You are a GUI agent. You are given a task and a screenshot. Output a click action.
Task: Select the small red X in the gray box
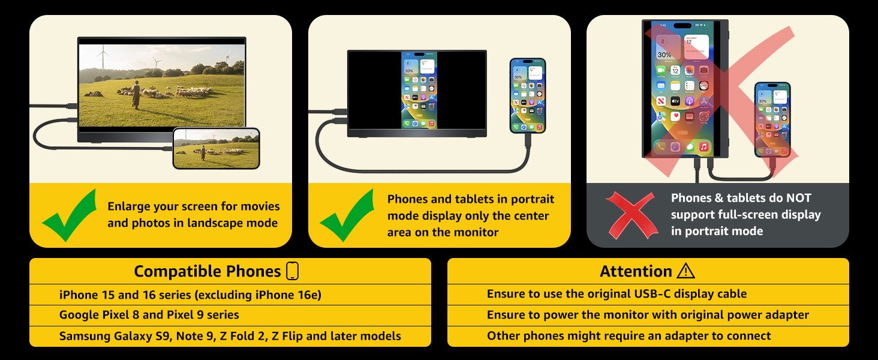[632, 215]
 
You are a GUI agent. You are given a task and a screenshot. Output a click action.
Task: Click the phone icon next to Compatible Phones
[293, 271]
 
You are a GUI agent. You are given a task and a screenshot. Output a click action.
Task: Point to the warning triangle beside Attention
[685, 271]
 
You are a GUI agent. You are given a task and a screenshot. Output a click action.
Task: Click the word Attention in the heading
[636, 271]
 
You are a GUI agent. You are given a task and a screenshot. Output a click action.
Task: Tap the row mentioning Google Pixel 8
[149, 315]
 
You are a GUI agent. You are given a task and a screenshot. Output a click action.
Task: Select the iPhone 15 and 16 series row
[190, 295]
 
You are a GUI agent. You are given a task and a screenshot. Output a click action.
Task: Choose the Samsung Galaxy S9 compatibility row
[230, 336]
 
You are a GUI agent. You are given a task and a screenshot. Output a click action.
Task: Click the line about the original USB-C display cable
[617, 294]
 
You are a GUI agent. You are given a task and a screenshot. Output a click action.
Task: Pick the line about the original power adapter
[648, 315]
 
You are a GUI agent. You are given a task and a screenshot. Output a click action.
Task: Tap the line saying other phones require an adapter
[629, 335]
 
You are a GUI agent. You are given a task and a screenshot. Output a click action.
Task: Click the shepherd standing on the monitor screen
[136, 95]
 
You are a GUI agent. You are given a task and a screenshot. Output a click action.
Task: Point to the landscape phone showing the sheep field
[216, 148]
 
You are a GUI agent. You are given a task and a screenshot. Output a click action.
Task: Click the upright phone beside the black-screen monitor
[528, 95]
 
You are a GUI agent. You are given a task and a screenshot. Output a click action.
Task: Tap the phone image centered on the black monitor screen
[419, 90]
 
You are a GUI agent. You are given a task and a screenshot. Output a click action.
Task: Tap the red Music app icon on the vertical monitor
[704, 146]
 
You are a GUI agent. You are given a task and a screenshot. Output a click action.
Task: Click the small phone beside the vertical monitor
[772, 119]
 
